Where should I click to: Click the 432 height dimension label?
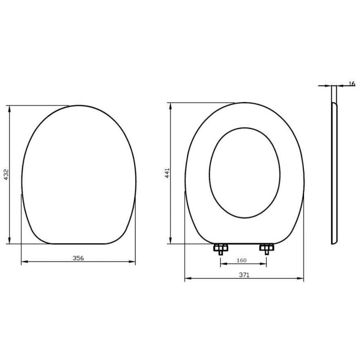click(6, 175)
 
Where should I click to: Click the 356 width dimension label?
click(78, 258)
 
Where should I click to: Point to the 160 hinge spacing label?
click(241, 260)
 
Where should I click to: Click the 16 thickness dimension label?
click(351, 84)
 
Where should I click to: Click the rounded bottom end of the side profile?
click(334, 243)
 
